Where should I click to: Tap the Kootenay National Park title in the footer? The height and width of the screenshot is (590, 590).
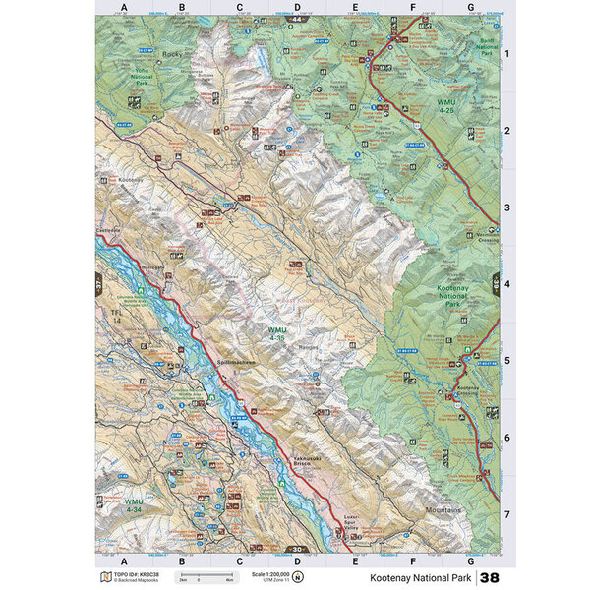422,576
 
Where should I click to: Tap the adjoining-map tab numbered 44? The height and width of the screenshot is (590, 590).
296,19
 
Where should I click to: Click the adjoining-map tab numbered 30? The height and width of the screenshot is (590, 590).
296,549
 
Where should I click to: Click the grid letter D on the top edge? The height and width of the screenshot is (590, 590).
296,8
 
